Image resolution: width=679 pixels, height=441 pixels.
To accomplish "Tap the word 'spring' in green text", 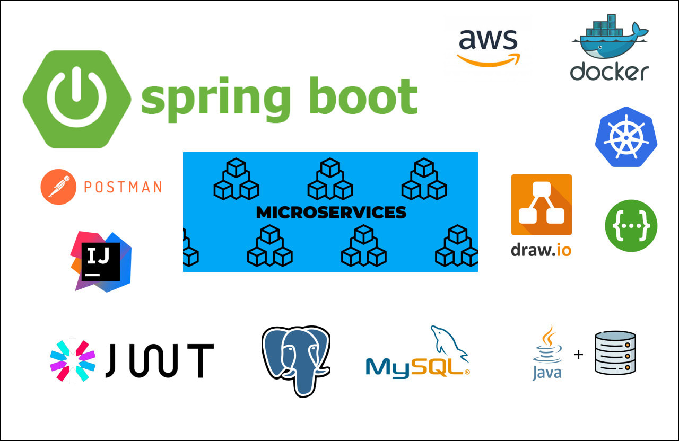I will pyautogui.click(x=215, y=100).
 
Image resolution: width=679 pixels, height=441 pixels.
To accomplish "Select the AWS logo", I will pyautogui.click(x=488, y=47).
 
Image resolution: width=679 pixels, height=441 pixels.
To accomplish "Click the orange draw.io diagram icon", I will pyautogui.click(x=541, y=205).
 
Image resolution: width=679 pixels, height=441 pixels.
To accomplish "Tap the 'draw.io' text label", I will pyautogui.click(x=541, y=249).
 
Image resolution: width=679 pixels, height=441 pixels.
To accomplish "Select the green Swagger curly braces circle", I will pyautogui.click(x=631, y=226).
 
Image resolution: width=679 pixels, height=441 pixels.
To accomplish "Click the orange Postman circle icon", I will pyautogui.click(x=58, y=187).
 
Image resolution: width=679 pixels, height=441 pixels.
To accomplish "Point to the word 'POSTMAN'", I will pyautogui.click(x=123, y=187).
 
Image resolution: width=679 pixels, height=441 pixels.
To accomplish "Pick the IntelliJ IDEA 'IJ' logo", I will pyautogui.click(x=100, y=261).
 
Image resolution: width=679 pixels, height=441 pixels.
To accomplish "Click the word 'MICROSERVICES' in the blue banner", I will pyautogui.click(x=331, y=213).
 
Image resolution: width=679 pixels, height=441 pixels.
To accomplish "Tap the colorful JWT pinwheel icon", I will pyautogui.click(x=72, y=360).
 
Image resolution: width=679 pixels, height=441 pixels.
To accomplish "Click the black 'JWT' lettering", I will pyautogui.click(x=159, y=360).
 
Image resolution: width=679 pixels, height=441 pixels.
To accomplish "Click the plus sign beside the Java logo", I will pyautogui.click(x=578, y=354).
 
